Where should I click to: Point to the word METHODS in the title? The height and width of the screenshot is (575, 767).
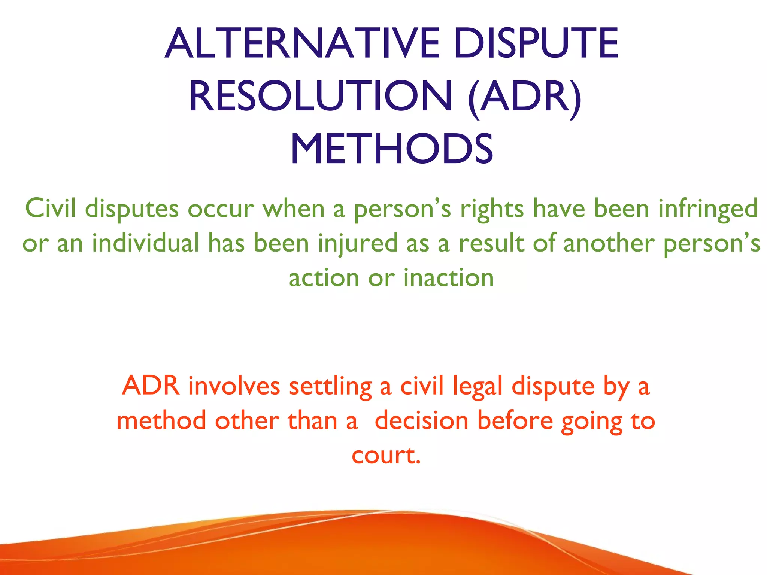click(391, 150)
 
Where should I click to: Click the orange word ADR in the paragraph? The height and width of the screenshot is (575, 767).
click(151, 386)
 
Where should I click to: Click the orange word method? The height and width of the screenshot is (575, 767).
click(161, 420)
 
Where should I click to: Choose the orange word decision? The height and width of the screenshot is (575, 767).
click(421, 420)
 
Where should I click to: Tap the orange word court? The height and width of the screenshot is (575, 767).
click(386, 456)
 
